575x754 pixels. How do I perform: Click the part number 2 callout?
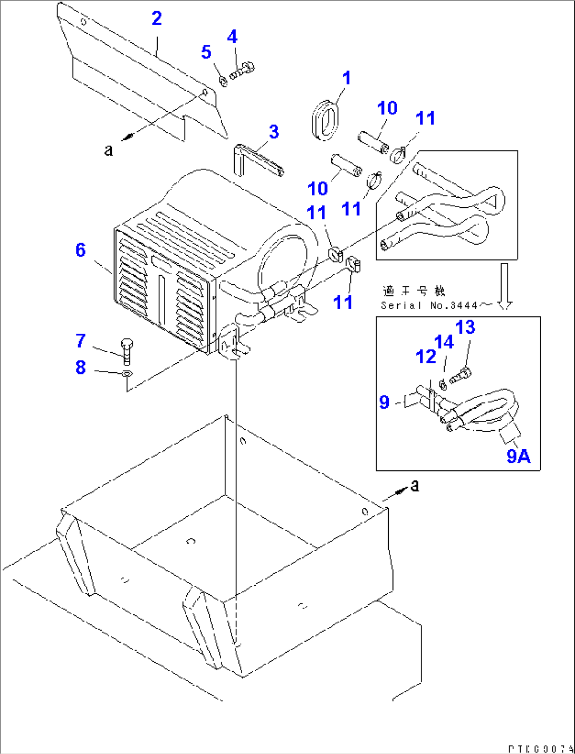point(157,19)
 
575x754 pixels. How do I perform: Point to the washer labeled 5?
point(223,81)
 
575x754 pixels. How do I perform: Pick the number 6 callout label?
point(80,250)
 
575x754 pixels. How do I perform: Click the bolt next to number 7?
point(127,351)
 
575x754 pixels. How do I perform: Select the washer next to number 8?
point(127,374)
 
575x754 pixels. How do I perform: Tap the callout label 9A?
point(518,456)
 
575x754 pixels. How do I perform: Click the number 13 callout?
point(465,327)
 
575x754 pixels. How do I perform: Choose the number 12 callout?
point(426,357)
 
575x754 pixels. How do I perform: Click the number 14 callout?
point(444,342)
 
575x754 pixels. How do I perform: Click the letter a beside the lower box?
point(415,486)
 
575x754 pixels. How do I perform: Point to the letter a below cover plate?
point(109,151)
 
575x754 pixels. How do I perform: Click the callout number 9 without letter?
point(385,403)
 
